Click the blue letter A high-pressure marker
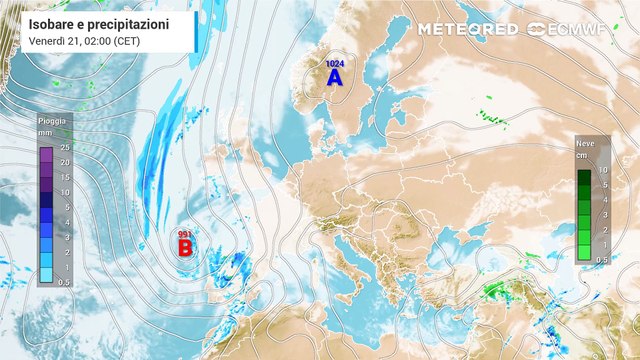point(333,76)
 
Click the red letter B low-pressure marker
point(185,246)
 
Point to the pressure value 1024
point(333,63)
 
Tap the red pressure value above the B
point(185,234)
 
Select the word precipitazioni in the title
point(124,23)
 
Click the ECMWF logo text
point(577,29)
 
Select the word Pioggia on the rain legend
point(52,119)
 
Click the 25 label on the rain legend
point(64,148)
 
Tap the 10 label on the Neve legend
point(603,170)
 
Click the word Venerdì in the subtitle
point(29,41)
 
